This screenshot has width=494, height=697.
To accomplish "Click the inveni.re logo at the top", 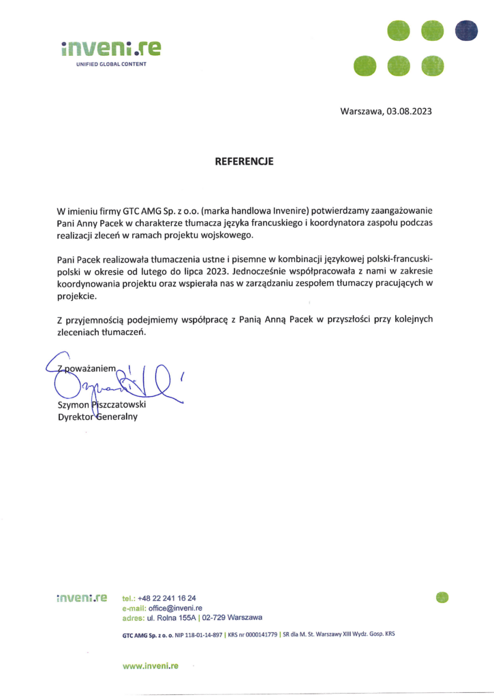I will tap(111, 48).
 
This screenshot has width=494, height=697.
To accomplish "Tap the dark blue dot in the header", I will tap(466, 31).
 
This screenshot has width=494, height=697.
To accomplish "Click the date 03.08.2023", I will tap(409, 111).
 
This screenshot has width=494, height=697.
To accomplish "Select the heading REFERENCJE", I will tap(244, 161).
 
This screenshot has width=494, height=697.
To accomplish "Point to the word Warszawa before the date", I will tap(362, 111).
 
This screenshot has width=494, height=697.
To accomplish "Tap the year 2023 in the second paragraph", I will tap(211, 273).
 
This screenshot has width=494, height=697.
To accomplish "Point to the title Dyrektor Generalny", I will tap(97, 417).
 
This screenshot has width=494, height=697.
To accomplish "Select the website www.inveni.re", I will tap(150, 666).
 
